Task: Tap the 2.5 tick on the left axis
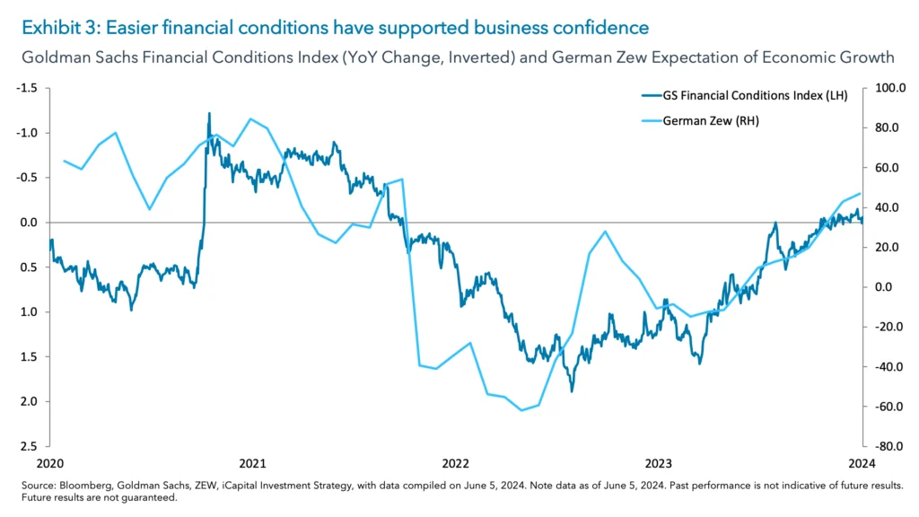point(29,446)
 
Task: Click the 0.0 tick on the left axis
point(29,222)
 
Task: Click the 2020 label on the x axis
point(49,463)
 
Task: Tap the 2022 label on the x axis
point(455,463)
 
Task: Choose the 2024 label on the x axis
point(861,463)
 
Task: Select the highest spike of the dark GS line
point(209,114)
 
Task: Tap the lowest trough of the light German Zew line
point(521,410)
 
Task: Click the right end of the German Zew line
point(860,194)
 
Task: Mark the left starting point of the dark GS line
point(50,241)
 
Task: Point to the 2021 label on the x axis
point(252,463)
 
